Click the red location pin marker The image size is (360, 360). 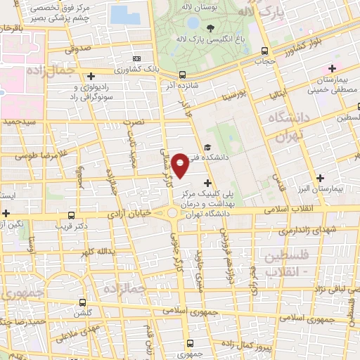tap(180, 165)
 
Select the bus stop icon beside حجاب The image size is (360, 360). tap(264, 51)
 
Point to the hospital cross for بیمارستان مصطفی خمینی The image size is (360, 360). tap(332, 68)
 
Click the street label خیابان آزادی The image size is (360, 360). tap(136, 213)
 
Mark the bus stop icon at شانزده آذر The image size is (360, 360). tap(182, 75)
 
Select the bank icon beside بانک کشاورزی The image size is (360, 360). tap(137, 58)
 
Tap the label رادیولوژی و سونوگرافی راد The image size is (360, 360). tap(93, 91)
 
